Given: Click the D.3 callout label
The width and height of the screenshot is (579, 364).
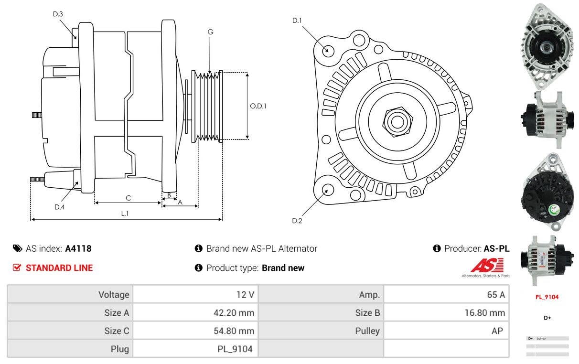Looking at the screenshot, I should pos(58,14).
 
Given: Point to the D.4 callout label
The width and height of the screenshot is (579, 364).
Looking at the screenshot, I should pos(59,207).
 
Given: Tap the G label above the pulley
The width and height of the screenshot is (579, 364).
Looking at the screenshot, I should pos(210,32).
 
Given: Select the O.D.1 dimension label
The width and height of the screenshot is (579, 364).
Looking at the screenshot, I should pos(258,106).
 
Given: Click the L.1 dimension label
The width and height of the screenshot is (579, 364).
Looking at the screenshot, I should pos(124,214).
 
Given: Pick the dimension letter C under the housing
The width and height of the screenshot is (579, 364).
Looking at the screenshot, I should pos(128,198).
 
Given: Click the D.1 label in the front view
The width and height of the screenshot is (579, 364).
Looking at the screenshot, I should pos(297,21).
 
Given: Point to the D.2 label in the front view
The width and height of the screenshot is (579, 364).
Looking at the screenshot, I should pos(297,221).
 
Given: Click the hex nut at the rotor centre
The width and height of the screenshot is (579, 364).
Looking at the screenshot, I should pos(396,121).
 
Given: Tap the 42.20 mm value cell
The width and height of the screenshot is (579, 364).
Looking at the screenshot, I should pos(234,313).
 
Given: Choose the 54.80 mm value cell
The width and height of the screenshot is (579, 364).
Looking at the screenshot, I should pos(234,331).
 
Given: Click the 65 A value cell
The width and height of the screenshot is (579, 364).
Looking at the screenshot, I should pos(495,295).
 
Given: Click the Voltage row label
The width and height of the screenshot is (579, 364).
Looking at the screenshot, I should pos(114,295).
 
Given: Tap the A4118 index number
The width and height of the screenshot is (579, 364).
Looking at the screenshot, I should pos(78,248).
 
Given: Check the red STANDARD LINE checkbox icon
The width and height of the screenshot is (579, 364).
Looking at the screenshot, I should pos(17,268).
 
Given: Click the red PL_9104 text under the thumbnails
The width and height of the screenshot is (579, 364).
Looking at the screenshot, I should pos(547,297).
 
